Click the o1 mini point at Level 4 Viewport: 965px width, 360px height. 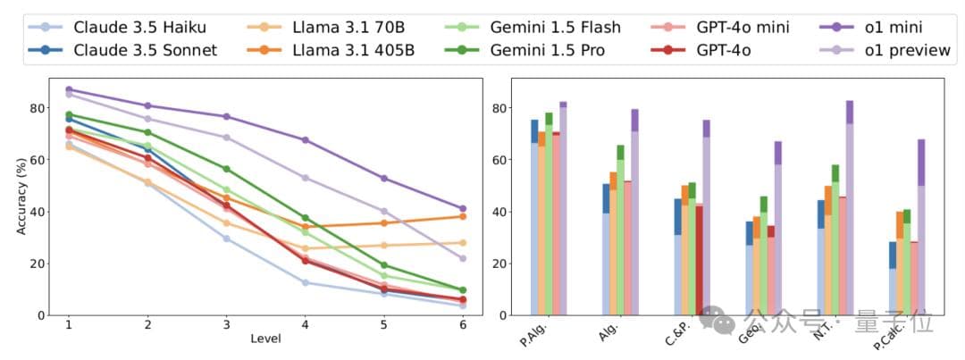[305, 139]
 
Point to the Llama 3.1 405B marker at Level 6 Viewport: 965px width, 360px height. [463, 216]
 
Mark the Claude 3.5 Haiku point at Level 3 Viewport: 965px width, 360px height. [227, 239]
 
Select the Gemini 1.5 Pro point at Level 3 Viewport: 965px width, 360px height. [227, 169]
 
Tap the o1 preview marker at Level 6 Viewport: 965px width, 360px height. [463, 258]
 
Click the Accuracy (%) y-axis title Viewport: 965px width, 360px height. [21, 197]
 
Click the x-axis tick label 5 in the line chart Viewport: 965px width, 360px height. [384, 327]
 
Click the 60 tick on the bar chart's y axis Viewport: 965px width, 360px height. [502, 160]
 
